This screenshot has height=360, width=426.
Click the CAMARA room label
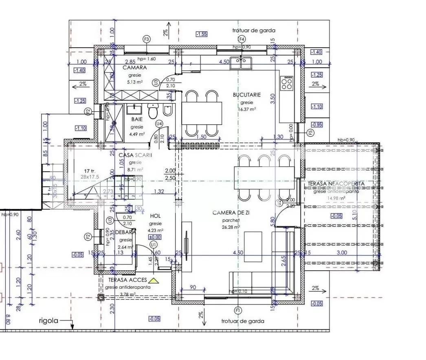pyautogui.click(x=135, y=68)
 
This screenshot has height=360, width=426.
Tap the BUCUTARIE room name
pyautogui.click(x=247, y=95)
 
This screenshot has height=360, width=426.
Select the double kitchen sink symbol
pyautogui.click(x=241, y=63)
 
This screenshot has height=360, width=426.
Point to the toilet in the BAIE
pyautogui.click(x=153, y=111)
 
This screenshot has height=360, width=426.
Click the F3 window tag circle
pyautogui.click(x=147, y=39)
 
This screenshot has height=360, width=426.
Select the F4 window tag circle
pyautogui.click(x=242, y=39)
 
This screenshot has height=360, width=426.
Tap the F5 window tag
pyautogui.click(x=310, y=133)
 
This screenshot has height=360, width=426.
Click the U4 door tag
pyautogui.click(x=159, y=124)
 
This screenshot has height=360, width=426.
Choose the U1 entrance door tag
pyautogui.click(x=153, y=244)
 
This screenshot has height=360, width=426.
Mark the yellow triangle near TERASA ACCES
pyautogui.click(x=153, y=280)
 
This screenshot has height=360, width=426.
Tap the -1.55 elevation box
pyautogui.click(x=201, y=34)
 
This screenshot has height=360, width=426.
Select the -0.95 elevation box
pyautogui.click(x=316, y=124)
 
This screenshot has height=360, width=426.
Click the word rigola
pyautogui.click(x=48, y=320)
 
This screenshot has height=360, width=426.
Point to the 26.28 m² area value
pyautogui.click(x=231, y=227)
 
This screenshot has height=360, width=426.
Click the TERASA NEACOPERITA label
pyautogui.click(x=336, y=184)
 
